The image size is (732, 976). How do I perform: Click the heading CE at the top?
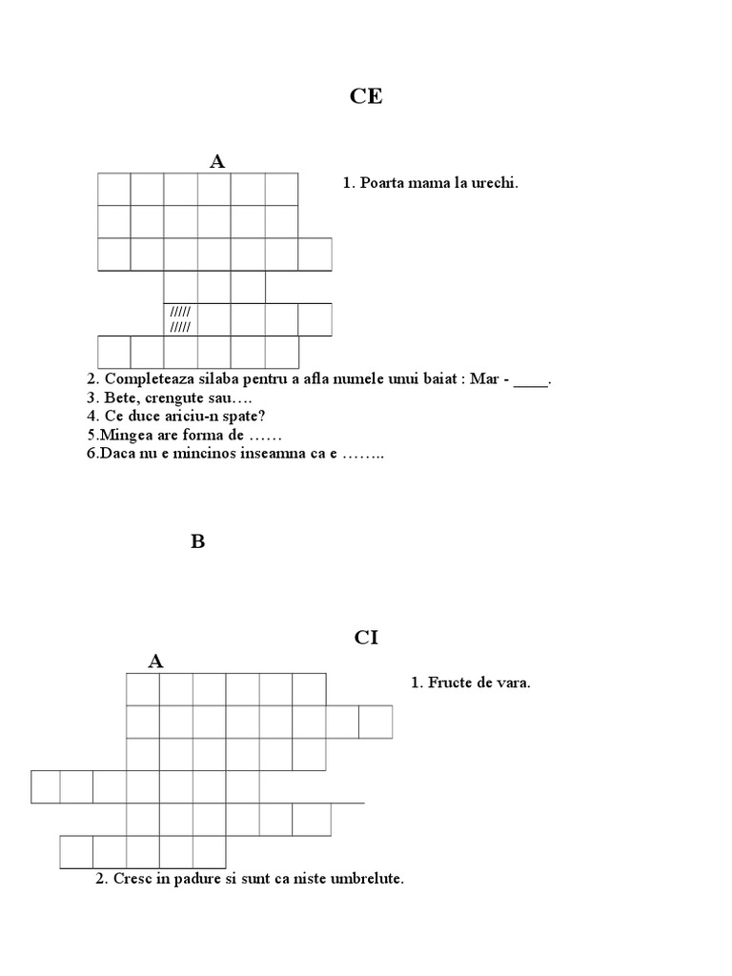click(365, 97)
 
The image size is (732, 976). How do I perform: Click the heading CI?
click(366, 638)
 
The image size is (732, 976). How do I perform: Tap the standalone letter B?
click(197, 542)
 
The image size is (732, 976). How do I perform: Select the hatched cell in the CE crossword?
click(180, 319)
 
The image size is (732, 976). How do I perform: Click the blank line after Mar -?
click(531, 380)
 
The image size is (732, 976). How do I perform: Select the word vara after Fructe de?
click(513, 682)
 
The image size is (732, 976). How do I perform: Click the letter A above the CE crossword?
click(217, 161)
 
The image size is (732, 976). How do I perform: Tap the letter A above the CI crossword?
click(156, 661)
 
